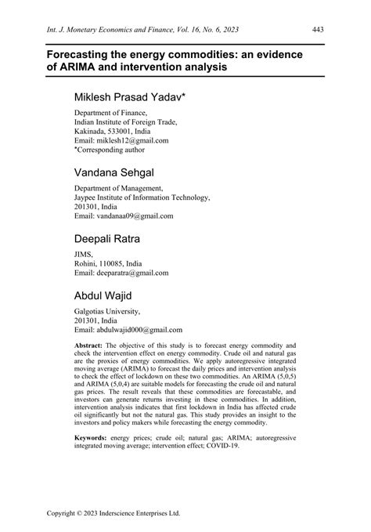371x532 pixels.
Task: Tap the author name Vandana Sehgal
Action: pos(114,172)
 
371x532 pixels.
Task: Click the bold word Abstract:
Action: pos(91,346)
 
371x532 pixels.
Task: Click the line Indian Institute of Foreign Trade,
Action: pos(126,122)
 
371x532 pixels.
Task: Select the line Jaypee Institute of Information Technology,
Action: pos(149,197)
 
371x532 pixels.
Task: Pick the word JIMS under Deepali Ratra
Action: pos(84,255)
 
